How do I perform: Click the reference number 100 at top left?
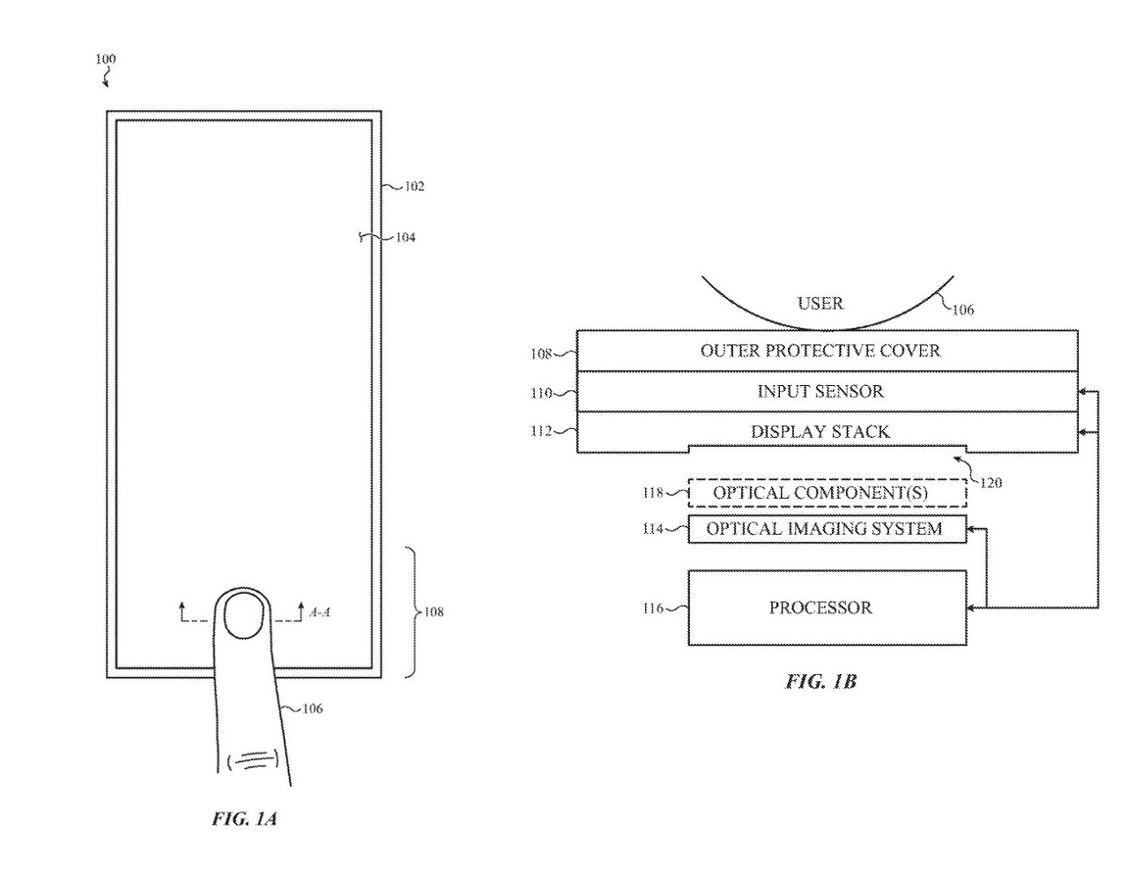105,60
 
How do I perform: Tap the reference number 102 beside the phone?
414,186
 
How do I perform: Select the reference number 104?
405,237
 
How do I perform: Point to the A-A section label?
320,611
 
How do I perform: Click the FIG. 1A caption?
244,818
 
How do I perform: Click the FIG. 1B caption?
820,681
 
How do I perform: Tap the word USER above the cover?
820,304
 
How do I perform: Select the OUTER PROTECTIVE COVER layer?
820,351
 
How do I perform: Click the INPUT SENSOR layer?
820,391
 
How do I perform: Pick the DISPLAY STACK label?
820,432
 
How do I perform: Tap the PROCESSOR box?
826,608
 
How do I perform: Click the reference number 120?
991,483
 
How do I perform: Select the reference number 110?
541,393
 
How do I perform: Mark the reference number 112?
541,432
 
